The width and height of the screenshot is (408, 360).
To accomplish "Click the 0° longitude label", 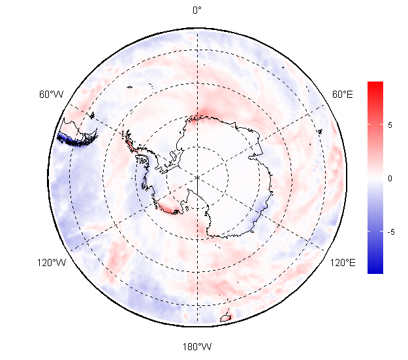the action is point(197,10).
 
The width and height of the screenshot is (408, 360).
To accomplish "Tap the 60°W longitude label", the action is point(52,95).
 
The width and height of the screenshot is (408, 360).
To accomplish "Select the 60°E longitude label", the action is point(343,95).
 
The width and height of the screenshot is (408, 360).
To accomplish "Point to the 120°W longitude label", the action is point(52,263).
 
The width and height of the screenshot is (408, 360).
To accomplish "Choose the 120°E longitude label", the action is point(343,263).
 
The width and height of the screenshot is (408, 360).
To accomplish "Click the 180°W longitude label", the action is point(197,347).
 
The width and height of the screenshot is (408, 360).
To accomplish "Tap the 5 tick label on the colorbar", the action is point(390,125).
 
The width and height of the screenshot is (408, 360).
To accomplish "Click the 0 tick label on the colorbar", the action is point(390,179).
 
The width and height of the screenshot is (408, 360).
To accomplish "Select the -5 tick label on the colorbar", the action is point(391,232).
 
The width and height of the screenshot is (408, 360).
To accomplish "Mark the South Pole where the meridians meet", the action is point(198,177).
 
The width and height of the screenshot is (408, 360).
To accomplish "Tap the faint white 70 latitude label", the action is point(202,235).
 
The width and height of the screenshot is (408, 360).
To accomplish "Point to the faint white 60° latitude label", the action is point(204,268).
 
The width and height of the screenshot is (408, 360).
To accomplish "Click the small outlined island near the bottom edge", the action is point(225,318).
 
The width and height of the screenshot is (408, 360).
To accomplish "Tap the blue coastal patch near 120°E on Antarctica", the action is point(261,209).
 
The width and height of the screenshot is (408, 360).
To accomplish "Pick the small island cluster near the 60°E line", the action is point(321,132).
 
